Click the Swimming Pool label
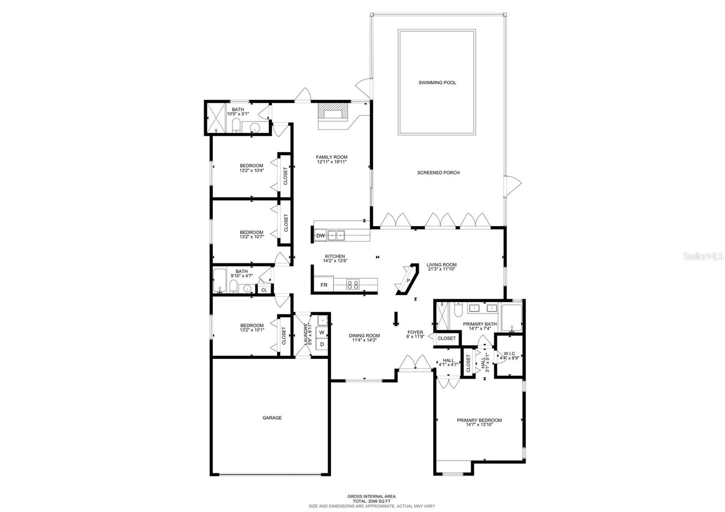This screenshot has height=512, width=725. (x=437, y=82)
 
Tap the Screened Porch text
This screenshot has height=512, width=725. (x=438, y=173)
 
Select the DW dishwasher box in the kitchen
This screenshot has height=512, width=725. (x=321, y=236)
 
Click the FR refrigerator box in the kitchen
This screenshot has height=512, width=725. (x=324, y=285)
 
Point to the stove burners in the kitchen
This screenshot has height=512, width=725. (x=353, y=285)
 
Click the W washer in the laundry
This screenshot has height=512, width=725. (x=322, y=333)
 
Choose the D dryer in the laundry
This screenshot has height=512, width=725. (x=322, y=344)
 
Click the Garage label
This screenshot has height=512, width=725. (x=272, y=418)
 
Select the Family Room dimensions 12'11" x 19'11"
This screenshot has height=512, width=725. (x=332, y=162)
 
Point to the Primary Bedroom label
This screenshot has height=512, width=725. (x=479, y=420)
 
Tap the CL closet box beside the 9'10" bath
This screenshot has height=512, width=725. (x=264, y=290)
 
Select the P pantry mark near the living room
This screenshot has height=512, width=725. (x=408, y=280)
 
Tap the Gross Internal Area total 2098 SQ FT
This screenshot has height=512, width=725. (x=372, y=501)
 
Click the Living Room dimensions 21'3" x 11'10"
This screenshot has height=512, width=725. (x=441, y=269)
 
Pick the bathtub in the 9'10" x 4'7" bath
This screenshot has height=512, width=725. (x=219, y=281)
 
